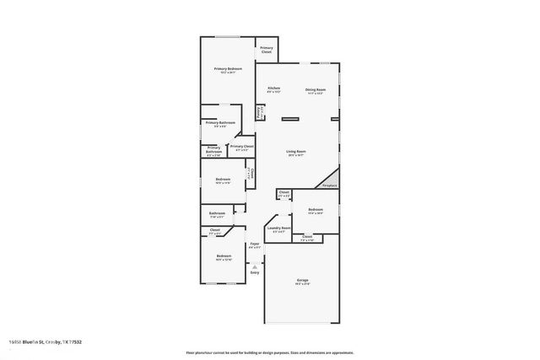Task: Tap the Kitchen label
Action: [273, 89]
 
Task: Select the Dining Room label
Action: [316, 89]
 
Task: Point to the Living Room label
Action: [295, 151]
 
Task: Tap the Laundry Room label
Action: [278, 228]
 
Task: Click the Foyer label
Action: [254, 244]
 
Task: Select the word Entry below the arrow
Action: [255, 272]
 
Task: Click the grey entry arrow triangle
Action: [255, 265]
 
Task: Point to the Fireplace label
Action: [330, 185]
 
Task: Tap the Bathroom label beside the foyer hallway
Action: [217, 213]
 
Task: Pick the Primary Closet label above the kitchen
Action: [266, 50]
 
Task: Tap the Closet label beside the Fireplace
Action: [284, 193]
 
